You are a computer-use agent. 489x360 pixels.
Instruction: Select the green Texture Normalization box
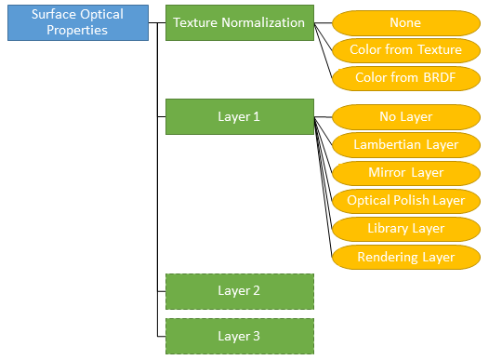pos(240,22)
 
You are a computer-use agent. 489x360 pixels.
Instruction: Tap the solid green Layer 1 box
pos(240,117)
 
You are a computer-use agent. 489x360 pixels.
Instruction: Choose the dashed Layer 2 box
pos(240,290)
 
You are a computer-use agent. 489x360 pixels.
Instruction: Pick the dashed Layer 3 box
pos(240,336)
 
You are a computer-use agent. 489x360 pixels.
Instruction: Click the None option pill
pos(405,22)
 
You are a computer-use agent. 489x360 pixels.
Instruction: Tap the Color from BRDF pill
pos(405,78)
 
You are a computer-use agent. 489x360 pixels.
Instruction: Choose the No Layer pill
pos(405,117)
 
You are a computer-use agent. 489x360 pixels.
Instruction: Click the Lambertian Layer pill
pos(405,145)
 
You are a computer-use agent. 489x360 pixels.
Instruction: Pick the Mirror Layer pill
pos(405,173)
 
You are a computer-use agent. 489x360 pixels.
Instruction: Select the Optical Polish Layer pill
pos(405,201)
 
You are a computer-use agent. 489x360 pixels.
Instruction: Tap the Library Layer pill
pos(405,229)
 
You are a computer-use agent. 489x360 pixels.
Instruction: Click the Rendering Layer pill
pos(405,257)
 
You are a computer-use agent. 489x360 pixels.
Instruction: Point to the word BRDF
pos(438,78)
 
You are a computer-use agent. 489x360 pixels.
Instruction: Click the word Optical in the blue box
pos(101,15)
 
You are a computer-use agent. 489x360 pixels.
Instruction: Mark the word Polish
pos(411,201)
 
